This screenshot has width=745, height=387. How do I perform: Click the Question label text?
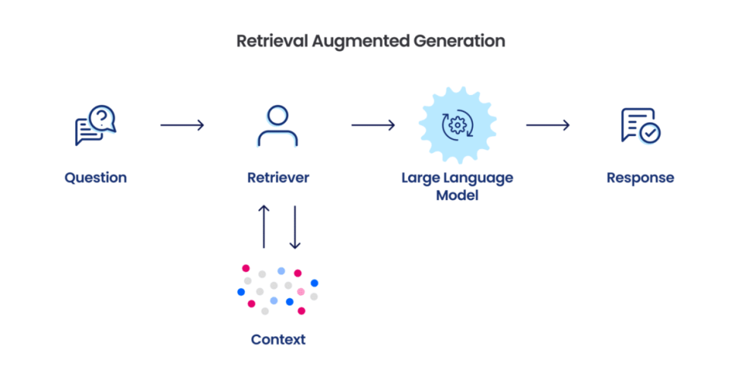(x=96, y=178)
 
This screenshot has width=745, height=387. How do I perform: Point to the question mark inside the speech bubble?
(x=102, y=116)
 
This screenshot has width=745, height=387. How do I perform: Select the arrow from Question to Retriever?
(x=182, y=125)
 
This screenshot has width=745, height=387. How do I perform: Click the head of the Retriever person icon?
(x=277, y=116)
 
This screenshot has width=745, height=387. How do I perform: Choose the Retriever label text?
(x=278, y=178)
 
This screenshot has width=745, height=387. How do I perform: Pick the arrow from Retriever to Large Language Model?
(x=372, y=125)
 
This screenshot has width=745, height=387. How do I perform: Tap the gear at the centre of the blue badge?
(x=458, y=125)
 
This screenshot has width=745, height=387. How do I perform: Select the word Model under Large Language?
(x=458, y=195)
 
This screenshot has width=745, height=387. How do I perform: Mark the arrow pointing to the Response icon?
(x=547, y=125)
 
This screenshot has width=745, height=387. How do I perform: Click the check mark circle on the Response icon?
(x=649, y=134)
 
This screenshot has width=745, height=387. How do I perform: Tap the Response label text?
(x=640, y=178)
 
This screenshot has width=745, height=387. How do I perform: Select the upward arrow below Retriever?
(x=264, y=226)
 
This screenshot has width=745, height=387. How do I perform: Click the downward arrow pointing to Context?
(x=295, y=226)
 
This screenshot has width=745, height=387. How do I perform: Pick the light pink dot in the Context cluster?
(x=300, y=292)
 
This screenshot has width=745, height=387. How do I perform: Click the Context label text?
(x=278, y=339)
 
